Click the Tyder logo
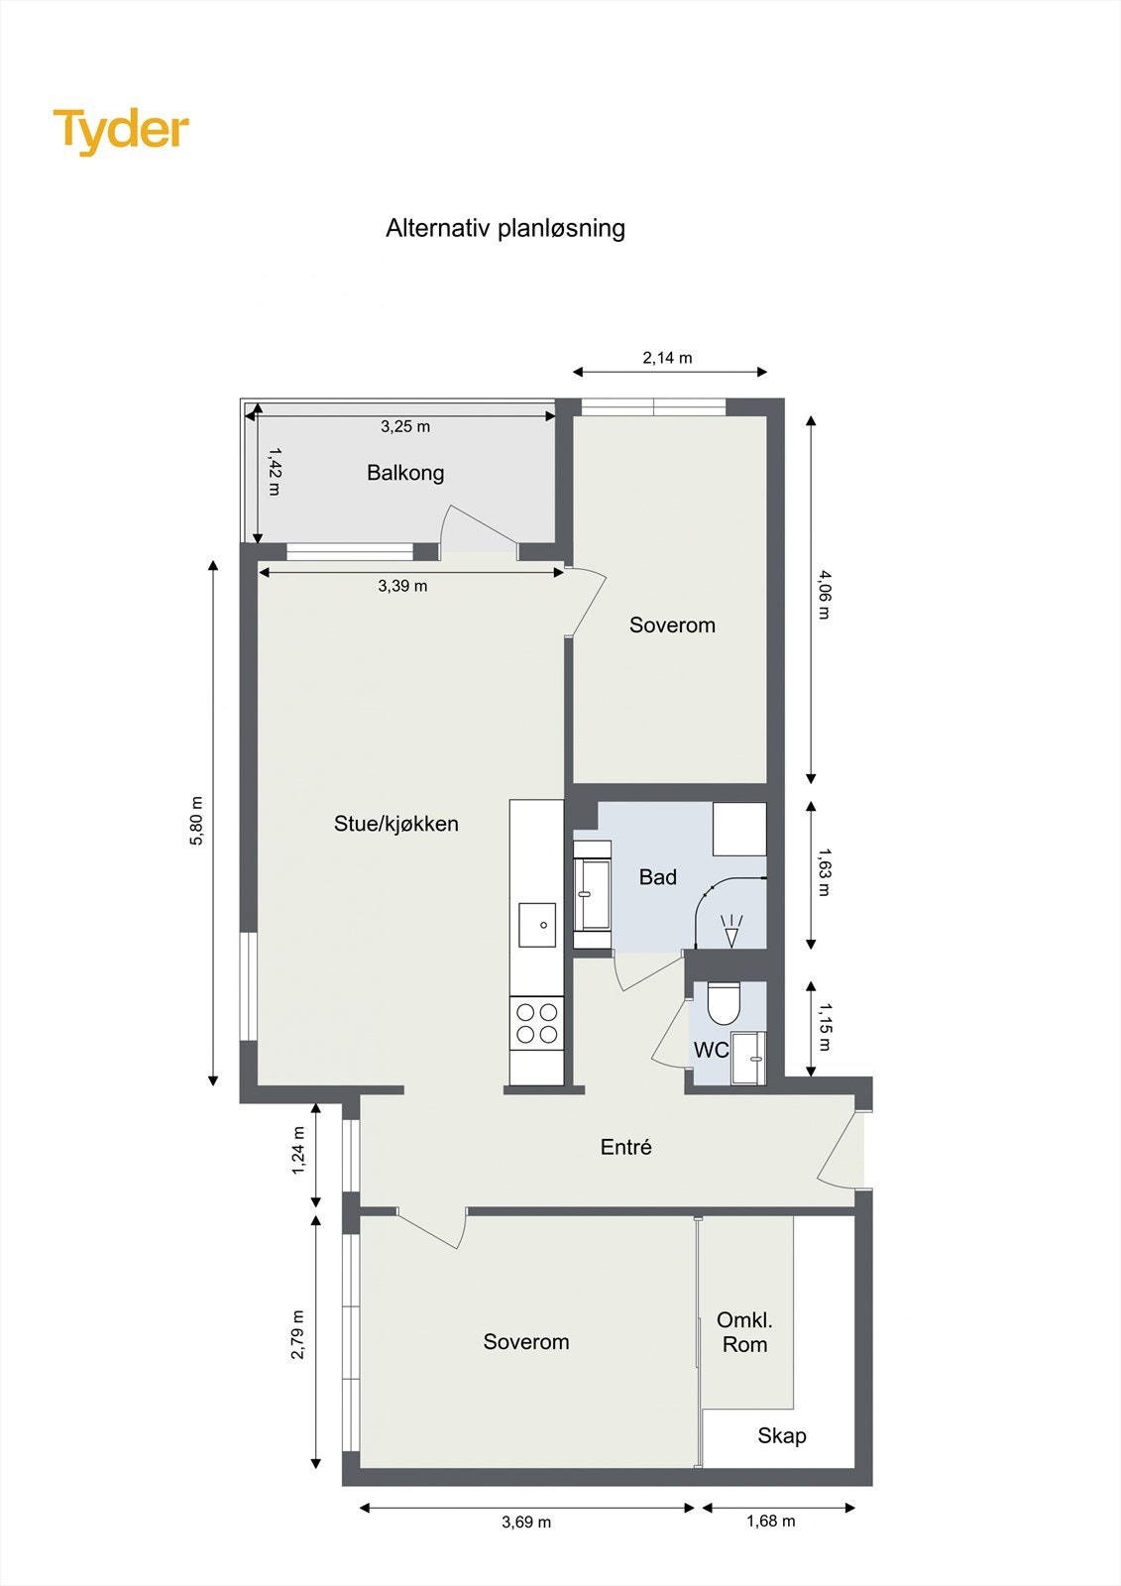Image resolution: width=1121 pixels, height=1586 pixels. pyautogui.click(x=121, y=132)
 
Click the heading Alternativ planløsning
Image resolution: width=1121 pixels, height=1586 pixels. pyautogui.click(x=504, y=228)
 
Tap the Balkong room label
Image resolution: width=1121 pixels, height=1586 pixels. pyautogui.click(x=405, y=473)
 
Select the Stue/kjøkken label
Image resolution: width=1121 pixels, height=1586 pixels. pyautogui.click(x=395, y=824)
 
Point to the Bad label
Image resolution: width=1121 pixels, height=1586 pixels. pyautogui.click(x=658, y=877)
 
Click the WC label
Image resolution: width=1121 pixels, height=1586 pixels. pyautogui.click(x=711, y=1050)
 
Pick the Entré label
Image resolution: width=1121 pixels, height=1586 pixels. pyautogui.click(x=626, y=1146)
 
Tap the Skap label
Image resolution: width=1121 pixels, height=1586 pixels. pyautogui.click(x=782, y=1435)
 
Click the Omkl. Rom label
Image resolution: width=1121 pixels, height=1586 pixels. pyautogui.click(x=744, y=1332)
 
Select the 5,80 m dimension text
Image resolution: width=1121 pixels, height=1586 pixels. pyautogui.click(x=196, y=821)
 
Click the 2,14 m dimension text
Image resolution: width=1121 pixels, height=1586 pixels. pyautogui.click(x=667, y=358)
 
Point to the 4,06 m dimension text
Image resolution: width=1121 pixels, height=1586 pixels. pyautogui.click(x=823, y=595)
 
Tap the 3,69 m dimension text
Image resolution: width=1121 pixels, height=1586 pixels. pyautogui.click(x=526, y=1522)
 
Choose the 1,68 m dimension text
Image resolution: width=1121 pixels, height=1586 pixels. pyautogui.click(x=770, y=1521)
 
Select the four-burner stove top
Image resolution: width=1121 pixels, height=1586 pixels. pyautogui.click(x=537, y=1024)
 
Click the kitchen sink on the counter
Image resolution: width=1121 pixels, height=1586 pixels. pyautogui.click(x=537, y=925)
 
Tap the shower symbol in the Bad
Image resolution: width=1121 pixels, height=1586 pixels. pyautogui.click(x=731, y=931)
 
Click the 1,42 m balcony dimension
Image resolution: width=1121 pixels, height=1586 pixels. pyautogui.click(x=274, y=471)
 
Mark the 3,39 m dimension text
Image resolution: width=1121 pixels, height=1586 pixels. pyautogui.click(x=402, y=586)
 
